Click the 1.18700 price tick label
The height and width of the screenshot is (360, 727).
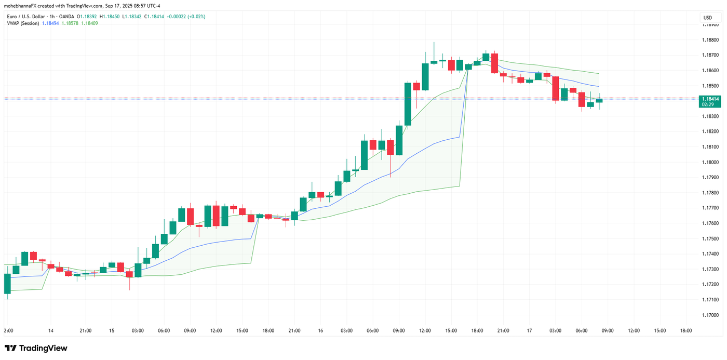pyautogui.click(x=710, y=55)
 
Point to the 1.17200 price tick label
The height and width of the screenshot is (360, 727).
pyautogui.click(x=710, y=285)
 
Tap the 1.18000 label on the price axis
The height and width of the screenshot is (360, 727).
pyautogui.click(x=710, y=162)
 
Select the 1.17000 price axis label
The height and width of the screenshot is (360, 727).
pyautogui.click(x=710, y=315)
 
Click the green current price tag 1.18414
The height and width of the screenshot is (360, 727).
pyautogui.click(x=710, y=99)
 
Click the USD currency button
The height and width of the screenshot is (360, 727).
pyautogui.click(x=708, y=18)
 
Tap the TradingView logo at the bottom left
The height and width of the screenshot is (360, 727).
pyautogui.click(x=36, y=348)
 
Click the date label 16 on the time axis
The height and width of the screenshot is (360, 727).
pyautogui.click(x=320, y=330)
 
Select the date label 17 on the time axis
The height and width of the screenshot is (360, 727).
pyautogui.click(x=529, y=330)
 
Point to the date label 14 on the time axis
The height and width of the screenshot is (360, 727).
pyautogui.click(x=51, y=330)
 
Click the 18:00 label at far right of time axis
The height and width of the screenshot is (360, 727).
pyautogui.click(x=686, y=330)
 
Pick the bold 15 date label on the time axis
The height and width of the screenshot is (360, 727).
pyautogui.click(x=112, y=330)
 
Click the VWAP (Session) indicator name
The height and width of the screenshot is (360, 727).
pyautogui.click(x=23, y=23)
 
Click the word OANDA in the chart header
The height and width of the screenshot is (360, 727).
pyautogui.click(x=66, y=17)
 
